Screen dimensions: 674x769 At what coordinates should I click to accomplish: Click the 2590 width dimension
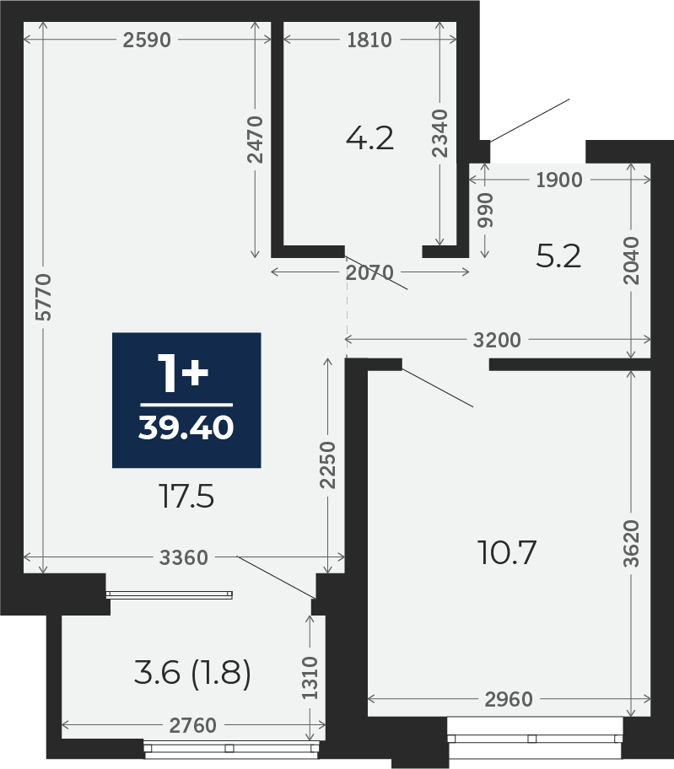pos(147,40)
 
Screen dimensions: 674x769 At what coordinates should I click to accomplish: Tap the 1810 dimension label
pos(369,40)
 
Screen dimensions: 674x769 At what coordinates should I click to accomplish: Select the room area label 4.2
pos(369,138)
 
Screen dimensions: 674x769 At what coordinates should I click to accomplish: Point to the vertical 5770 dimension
pos(44,298)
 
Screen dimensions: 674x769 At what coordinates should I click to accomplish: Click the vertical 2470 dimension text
pos(256,139)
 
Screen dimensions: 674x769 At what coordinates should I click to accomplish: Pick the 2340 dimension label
pos(439,133)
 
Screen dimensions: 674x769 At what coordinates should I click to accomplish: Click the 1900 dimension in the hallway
pos(559,180)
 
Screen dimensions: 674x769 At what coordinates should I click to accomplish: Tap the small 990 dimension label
pos(485,210)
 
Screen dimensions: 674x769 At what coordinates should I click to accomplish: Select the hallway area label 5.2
pos(558,256)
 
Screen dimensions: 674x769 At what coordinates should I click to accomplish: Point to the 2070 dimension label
pos(369,272)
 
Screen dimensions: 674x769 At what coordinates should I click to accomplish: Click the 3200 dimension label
pos(497,340)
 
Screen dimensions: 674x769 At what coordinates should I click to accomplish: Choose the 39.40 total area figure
pos(186,428)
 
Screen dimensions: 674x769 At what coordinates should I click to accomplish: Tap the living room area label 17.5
pos(187,497)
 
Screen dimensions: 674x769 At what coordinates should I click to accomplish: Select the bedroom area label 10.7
pos(507,552)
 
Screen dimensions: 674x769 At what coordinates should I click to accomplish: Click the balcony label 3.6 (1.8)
pos(193,672)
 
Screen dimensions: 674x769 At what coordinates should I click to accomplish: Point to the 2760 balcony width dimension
pos(193,725)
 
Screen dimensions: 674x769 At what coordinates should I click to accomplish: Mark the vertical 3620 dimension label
pos(632,543)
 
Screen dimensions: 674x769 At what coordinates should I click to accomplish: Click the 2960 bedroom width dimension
pos(509,699)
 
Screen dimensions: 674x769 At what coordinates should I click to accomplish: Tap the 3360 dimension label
pos(184,557)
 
